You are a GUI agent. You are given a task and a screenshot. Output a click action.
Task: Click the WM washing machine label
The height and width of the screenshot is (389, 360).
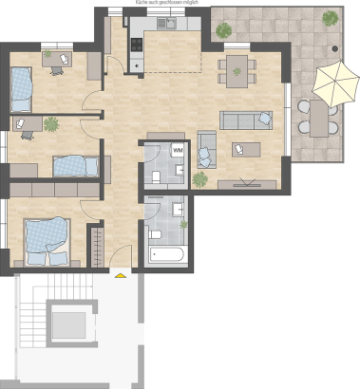(x=178, y=149)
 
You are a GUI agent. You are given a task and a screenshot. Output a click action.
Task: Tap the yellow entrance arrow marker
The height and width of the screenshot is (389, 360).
(x=120, y=275)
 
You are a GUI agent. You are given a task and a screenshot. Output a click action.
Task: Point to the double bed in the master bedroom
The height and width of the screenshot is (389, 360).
(x=47, y=237)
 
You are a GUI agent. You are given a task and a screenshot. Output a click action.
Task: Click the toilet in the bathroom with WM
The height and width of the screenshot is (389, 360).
(x=155, y=176)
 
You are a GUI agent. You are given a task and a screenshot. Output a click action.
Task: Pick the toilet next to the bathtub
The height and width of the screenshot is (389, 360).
(x=155, y=233)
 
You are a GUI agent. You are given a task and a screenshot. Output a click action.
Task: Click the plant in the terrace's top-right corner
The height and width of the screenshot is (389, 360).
(x=330, y=18)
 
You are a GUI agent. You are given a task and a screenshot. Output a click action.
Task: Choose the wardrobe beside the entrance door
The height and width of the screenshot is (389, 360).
(x=95, y=248)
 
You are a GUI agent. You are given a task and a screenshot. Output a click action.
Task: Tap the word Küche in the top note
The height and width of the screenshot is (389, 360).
(x=144, y=4)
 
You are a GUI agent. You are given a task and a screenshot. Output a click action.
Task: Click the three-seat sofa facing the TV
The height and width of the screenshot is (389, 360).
(x=245, y=120)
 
